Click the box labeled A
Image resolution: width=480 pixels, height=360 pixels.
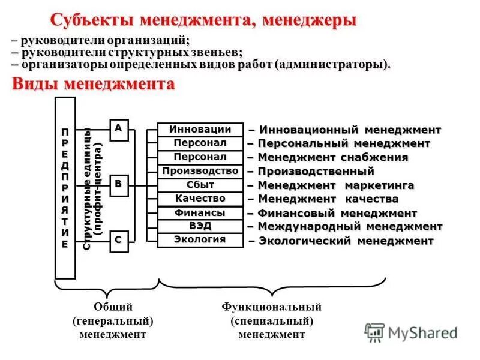118,129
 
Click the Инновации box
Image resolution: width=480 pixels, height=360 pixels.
200,130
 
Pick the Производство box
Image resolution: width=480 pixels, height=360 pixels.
200,172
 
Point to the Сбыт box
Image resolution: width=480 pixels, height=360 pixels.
200,185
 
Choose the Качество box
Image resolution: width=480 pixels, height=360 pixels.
200,199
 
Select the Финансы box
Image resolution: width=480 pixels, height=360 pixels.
200,213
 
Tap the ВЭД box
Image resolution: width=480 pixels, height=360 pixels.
200,226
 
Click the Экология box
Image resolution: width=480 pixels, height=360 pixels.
200,240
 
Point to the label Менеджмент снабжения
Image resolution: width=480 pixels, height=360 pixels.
328,158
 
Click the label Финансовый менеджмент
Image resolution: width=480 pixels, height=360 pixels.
332,213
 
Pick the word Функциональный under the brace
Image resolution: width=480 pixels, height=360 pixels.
272,307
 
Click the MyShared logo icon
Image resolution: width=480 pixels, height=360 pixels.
374,332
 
